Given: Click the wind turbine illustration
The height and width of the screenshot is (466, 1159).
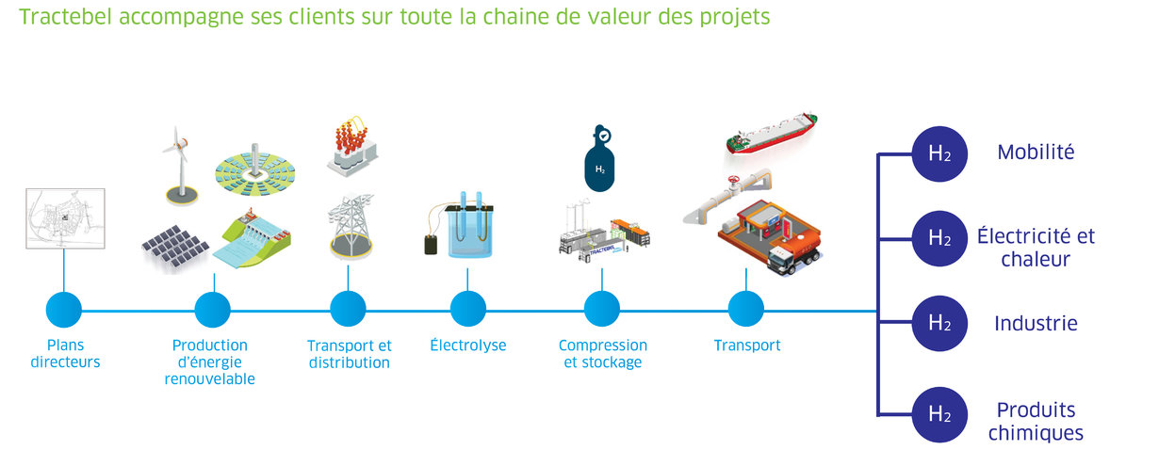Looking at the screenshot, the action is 181,166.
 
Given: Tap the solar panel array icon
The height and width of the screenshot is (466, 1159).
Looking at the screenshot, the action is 175,247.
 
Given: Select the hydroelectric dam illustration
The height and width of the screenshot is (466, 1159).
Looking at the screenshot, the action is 252,238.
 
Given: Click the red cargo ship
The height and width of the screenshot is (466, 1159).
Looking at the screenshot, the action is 771,133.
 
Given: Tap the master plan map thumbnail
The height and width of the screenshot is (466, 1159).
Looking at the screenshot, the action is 65,218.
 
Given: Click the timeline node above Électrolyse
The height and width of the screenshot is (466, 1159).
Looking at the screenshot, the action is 467,309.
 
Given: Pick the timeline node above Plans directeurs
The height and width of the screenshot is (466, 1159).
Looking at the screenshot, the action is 64,310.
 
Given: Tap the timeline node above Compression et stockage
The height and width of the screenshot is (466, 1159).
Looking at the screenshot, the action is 602,309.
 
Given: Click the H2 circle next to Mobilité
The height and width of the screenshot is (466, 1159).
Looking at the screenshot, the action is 939,153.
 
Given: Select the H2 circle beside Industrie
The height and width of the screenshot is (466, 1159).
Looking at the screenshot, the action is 939,323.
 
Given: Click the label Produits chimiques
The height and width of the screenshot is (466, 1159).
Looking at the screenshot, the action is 1036,421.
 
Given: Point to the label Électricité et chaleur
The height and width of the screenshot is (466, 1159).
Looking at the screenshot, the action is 1036,248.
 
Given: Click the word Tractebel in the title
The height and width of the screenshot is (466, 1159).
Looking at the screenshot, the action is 65,17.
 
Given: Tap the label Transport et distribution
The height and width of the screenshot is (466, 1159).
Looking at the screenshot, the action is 350,354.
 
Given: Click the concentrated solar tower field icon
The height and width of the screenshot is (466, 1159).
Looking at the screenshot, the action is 255,169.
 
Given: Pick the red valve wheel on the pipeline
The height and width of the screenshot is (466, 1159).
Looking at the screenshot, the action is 733,181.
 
